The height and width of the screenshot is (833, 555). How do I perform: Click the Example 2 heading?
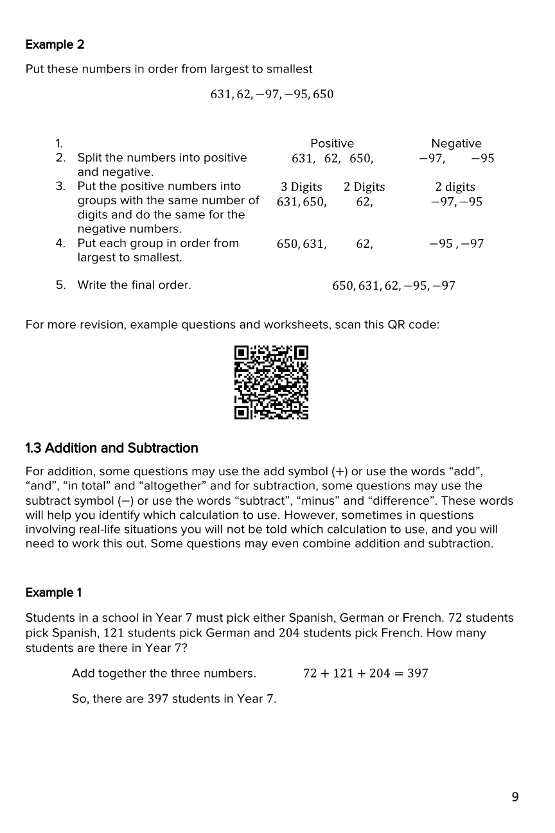[x=55, y=44]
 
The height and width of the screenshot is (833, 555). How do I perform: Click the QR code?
[x=271, y=382]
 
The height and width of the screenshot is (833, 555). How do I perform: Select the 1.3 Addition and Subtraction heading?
[x=112, y=448]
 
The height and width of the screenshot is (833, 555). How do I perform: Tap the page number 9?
[x=515, y=797]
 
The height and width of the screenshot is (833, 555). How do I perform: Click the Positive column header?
[x=331, y=143]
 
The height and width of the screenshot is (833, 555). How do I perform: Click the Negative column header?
[x=456, y=143]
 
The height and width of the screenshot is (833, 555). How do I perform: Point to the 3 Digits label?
[x=301, y=187]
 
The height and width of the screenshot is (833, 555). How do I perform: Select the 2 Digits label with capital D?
[x=364, y=187]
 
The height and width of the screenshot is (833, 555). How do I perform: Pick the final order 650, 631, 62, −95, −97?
[x=393, y=286]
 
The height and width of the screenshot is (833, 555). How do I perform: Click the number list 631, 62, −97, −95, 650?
[x=272, y=94]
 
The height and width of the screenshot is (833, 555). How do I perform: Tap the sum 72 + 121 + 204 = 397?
[x=365, y=673]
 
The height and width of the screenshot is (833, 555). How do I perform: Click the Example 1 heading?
[x=53, y=592]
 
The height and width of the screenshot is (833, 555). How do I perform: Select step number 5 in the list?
[x=60, y=285]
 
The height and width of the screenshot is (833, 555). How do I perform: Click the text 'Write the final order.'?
[x=134, y=285]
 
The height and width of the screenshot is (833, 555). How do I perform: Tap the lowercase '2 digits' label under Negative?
[x=455, y=187]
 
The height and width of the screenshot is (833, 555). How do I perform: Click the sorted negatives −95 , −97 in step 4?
[x=456, y=243]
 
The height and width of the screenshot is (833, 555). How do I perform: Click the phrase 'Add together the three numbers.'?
[x=164, y=673]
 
